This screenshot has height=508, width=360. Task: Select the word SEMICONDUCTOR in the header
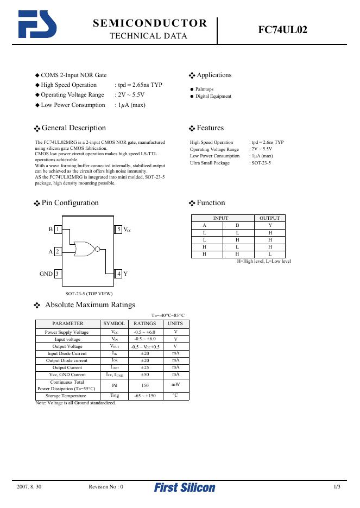click(150, 23)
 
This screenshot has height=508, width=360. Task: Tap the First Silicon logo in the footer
click(185, 487)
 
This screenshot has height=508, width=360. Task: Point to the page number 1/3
click(337, 487)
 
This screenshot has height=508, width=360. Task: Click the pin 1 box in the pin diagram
click(58, 230)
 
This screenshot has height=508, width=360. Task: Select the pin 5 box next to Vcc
click(119, 230)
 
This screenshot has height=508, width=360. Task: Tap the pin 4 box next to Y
click(119, 274)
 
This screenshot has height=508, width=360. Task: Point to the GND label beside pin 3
click(46, 274)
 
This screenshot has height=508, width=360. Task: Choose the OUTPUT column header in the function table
click(270, 218)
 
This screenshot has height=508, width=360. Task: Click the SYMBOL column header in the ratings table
click(114, 323)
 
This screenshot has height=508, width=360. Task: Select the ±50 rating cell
click(145, 374)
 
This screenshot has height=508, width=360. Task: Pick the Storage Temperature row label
click(67, 396)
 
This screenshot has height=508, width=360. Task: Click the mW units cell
click(175, 384)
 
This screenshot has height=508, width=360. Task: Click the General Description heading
click(73, 128)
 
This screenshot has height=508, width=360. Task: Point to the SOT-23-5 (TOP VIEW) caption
click(89, 294)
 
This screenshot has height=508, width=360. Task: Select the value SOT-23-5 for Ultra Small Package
click(260, 163)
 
